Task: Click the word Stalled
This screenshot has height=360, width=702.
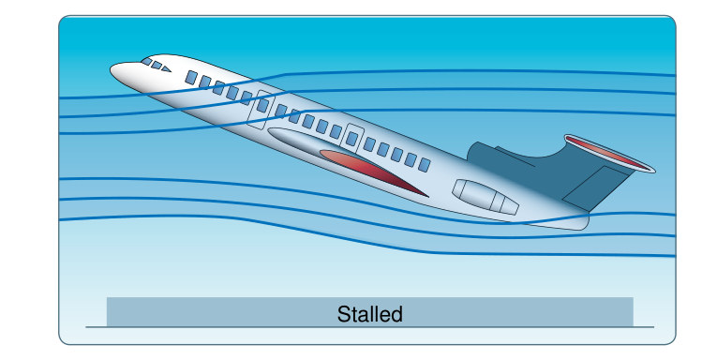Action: pyautogui.click(x=370, y=314)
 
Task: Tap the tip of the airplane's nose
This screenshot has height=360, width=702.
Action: pyautogui.click(x=111, y=68)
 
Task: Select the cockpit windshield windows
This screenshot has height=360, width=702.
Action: pyautogui.click(x=157, y=65)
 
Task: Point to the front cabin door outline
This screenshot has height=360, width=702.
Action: pyautogui.click(x=261, y=110)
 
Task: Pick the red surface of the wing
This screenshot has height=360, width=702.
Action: pyautogui.click(x=367, y=170)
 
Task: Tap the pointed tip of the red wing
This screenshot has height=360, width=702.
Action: pyautogui.click(x=427, y=196)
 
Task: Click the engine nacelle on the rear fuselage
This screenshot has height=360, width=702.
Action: pyautogui.click(x=485, y=197)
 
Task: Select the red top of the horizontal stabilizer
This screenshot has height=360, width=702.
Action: pyautogui.click(x=609, y=153)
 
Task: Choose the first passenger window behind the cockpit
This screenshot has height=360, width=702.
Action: pyautogui.click(x=191, y=78)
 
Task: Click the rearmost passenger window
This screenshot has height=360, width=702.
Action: pyautogui.click(x=425, y=165)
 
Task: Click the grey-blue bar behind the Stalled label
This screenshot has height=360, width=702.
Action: pyautogui.click(x=370, y=311)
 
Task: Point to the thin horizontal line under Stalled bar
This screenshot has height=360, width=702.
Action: pyautogui.click(x=370, y=327)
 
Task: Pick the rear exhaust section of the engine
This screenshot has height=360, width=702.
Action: pyautogui.click(x=505, y=203)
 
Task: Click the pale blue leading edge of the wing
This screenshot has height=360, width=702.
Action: pyautogui.click(x=305, y=142)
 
